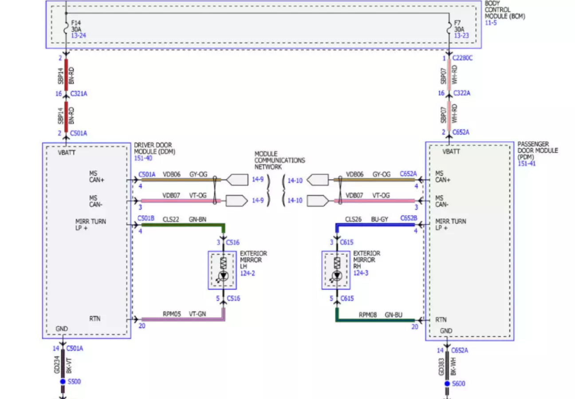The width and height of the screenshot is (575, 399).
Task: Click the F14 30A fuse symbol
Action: [x=66, y=28]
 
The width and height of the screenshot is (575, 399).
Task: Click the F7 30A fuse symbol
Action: [x=449, y=28]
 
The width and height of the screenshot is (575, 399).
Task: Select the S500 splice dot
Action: [x=63, y=382]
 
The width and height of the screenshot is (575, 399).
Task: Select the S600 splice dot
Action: [x=447, y=383]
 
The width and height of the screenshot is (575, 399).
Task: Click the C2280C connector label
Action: [x=462, y=58]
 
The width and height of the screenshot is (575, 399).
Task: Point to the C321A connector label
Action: [x=79, y=94]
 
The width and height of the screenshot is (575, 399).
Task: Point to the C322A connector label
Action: [x=462, y=93]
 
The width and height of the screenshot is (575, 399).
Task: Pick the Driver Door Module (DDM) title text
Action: [x=154, y=148]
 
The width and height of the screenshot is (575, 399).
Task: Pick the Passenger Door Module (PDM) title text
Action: [x=538, y=150]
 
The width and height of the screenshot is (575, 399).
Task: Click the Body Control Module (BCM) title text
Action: [x=504, y=10]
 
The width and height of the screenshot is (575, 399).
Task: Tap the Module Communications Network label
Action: [x=280, y=160]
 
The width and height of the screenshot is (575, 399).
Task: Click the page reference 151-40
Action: [x=143, y=158]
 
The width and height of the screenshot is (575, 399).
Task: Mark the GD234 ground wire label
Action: [x=57, y=365]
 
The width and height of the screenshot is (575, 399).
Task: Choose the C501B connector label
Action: [x=146, y=218]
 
